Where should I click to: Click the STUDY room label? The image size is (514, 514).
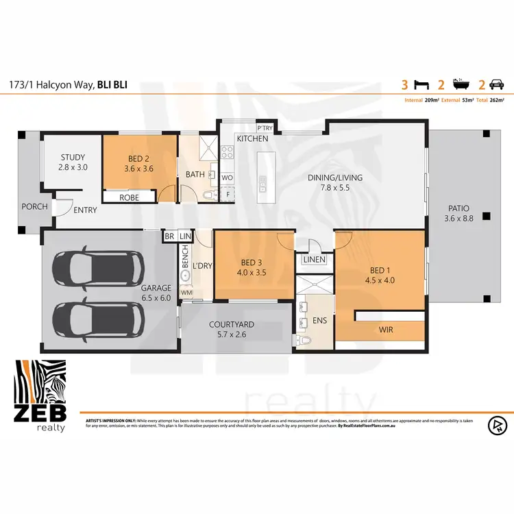[72, 157]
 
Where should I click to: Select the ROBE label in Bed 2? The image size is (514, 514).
[129, 197]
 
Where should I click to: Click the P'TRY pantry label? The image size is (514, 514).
[264, 128]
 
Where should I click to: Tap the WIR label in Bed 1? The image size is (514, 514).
[387, 330]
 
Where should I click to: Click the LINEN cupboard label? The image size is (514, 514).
[314, 260]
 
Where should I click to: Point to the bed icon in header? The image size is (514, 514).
[421, 86]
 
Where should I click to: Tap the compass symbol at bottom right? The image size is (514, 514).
[496, 424]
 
